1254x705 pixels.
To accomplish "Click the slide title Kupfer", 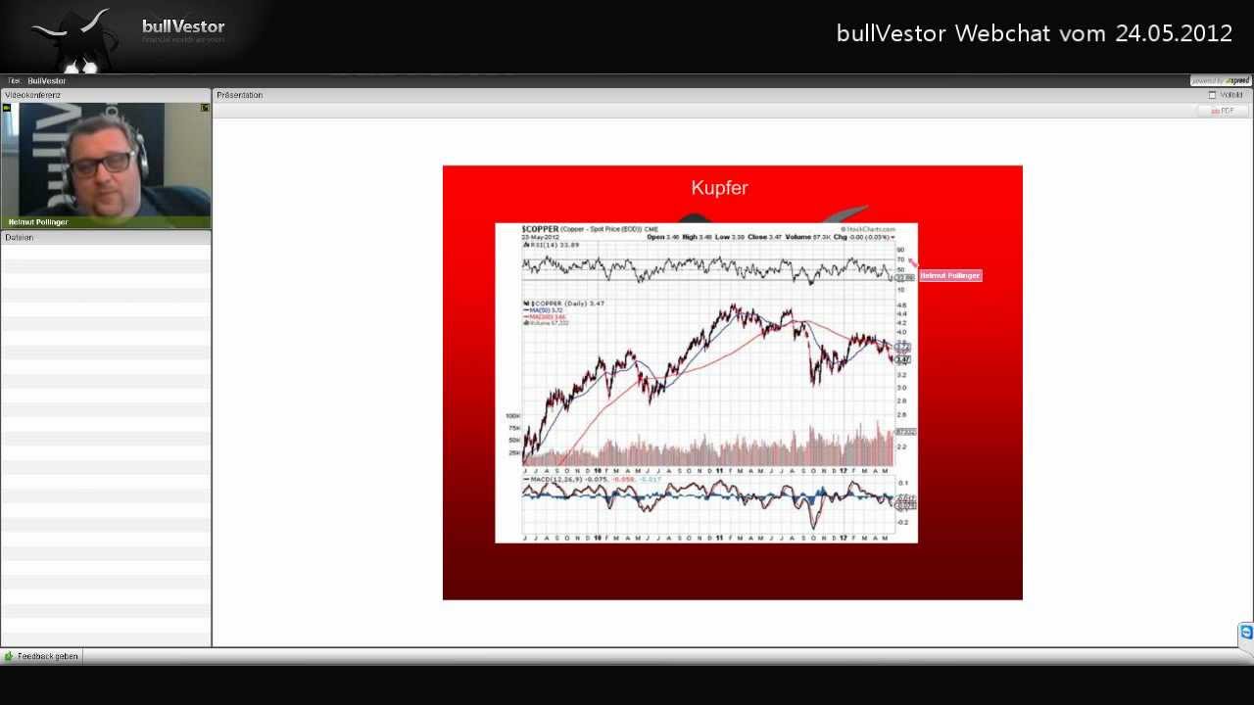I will pos(719,188).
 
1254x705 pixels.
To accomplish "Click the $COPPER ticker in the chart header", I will pos(540,229).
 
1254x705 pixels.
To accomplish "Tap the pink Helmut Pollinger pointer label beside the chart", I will pos(949,276).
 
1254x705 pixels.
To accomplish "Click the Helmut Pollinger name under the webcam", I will pos(38,222).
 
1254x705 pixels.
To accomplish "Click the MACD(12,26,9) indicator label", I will pos(553,480).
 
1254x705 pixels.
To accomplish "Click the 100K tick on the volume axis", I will pos(512,416).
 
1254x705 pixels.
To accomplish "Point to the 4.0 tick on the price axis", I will pos(901,333).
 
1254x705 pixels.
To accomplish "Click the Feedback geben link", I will pos(47,656).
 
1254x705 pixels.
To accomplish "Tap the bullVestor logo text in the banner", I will pos(183,26).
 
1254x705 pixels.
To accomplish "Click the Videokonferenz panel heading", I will pos(32,95).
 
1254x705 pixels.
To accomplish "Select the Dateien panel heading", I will pos(20,238).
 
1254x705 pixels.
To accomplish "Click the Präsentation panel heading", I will pos(240,95).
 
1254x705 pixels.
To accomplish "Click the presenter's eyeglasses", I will pos(103,163).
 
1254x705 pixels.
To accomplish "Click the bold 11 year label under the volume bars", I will pos(719,471).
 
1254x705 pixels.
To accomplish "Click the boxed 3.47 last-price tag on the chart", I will pos(903,360).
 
